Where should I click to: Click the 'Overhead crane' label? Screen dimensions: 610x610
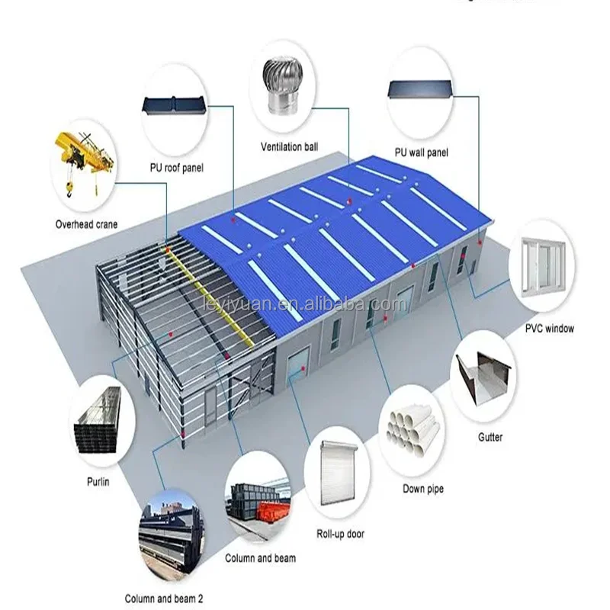click(86, 224)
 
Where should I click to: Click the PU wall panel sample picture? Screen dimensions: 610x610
click(420, 90)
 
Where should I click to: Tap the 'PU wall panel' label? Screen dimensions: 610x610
click(420, 152)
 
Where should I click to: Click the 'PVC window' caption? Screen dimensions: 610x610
click(549, 329)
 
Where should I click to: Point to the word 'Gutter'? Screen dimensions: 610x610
click(490, 438)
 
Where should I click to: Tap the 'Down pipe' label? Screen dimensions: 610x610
click(422, 489)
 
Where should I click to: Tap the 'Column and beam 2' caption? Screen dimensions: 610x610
click(164, 599)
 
